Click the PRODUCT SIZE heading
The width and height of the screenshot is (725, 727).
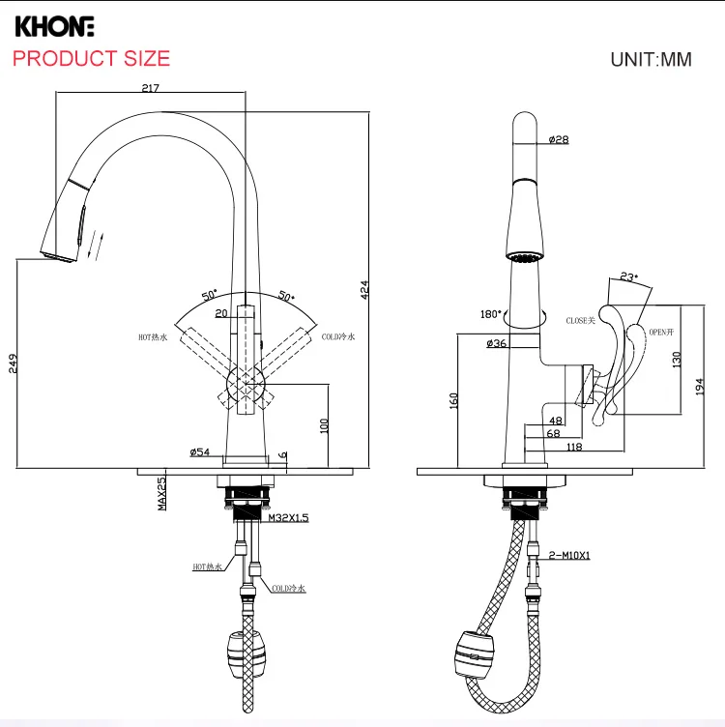[91, 58]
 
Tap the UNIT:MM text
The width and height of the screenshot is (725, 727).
[651, 59]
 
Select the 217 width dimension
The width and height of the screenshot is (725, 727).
[150, 88]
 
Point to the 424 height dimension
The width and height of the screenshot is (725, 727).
[365, 289]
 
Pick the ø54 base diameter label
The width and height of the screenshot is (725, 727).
[200, 451]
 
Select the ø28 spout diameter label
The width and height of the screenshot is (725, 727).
[558, 139]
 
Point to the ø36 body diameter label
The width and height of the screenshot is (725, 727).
[497, 343]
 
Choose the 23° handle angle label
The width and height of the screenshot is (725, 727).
[629, 277]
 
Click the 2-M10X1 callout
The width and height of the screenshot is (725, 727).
[568, 554]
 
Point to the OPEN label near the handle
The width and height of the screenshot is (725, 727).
[659, 332]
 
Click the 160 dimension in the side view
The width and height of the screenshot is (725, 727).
[453, 399]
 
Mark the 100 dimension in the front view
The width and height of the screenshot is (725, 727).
[325, 423]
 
